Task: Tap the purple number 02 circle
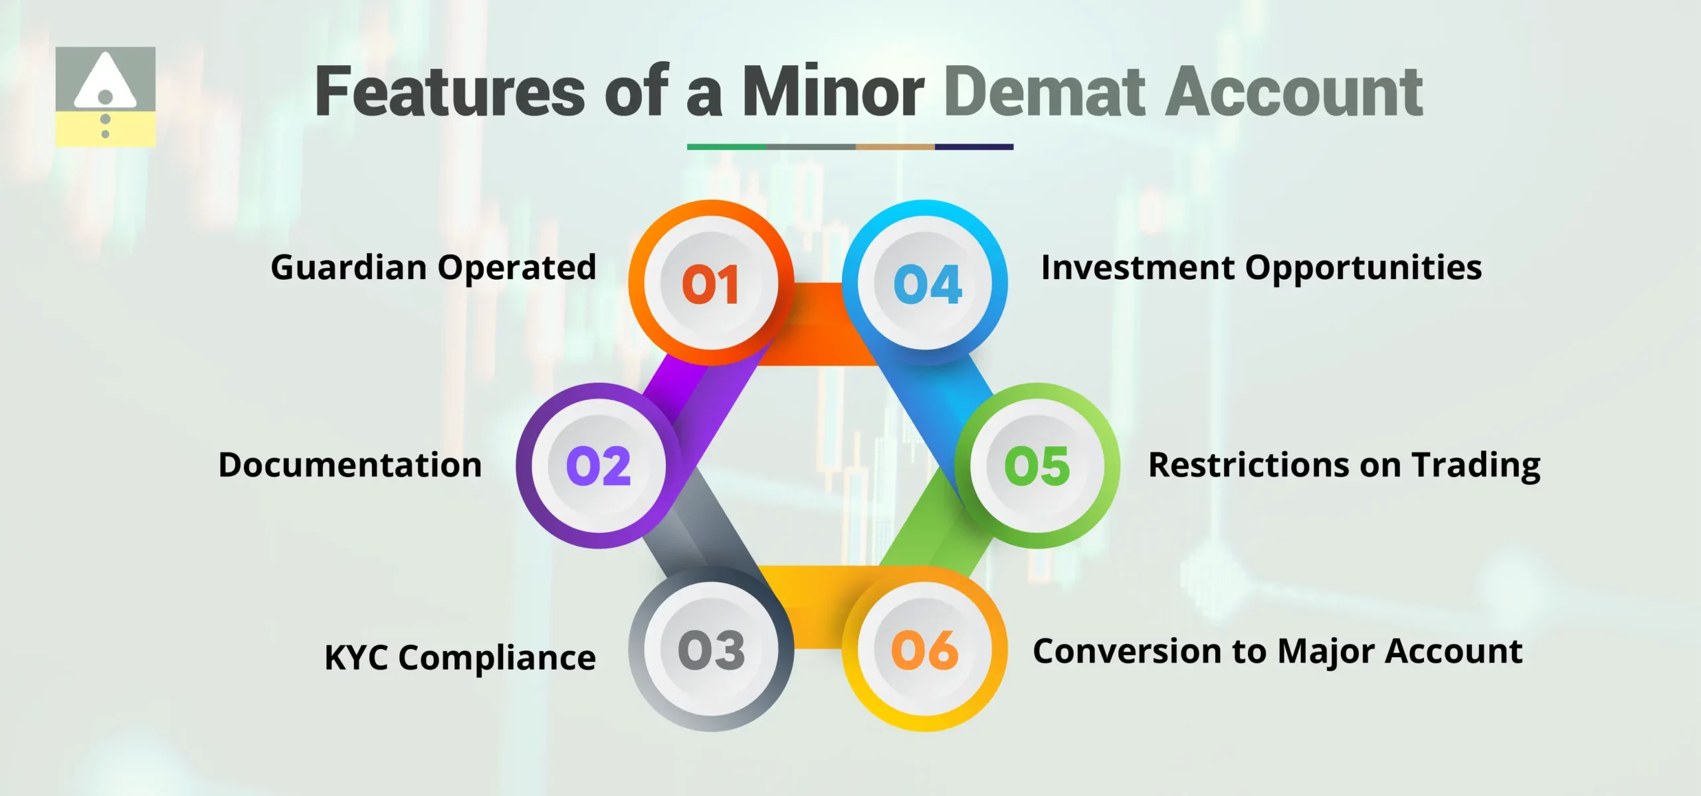coord(599,466)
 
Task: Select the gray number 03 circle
coord(711,649)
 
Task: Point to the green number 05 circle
coord(1037,466)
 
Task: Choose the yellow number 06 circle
coord(925,649)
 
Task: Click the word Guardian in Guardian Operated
coord(349,268)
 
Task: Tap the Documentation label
coord(350,465)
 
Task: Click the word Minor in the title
coord(832,92)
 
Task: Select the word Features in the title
coord(450,92)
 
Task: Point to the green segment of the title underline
coord(726,147)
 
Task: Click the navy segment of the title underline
coord(973,147)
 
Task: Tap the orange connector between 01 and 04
coord(819,324)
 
